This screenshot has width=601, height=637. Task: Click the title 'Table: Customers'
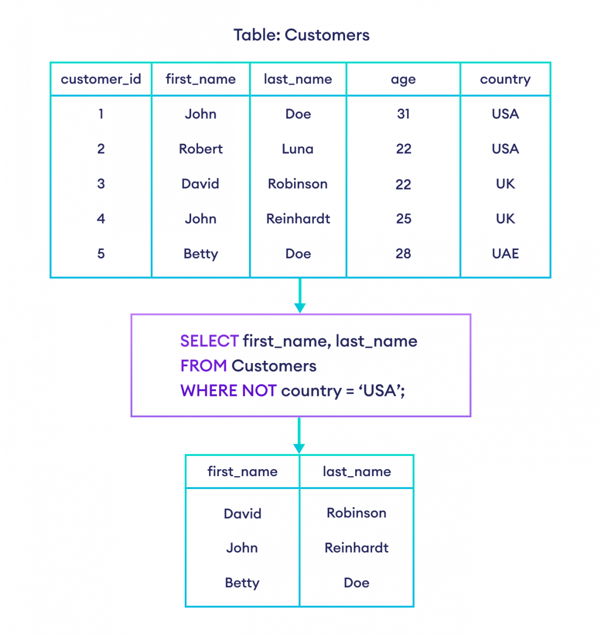[x=301, y=36]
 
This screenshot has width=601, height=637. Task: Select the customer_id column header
[x=101, y=80]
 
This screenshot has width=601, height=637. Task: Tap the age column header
[x=403, y=80]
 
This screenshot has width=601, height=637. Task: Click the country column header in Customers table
[x=505, y=80]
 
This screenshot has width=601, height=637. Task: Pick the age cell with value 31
[x=403, y=114]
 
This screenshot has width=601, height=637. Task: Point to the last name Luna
[x=298, y=149]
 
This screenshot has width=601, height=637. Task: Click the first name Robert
[x=201, y=149]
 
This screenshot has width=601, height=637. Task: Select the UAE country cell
[x=505, y=254]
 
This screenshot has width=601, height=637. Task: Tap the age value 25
[x=403, y=219]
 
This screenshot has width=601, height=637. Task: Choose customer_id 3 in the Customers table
[x=101, y=184]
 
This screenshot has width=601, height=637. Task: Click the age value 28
[x=403, y=254]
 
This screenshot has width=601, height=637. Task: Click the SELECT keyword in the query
[x=209, y=341]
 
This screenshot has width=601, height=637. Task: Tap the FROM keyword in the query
[x=203, y=366]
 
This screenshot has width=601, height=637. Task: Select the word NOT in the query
[x=259, y=391]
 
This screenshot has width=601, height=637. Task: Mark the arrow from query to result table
[x=299, y=436]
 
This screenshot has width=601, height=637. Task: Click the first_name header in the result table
[x=242, y=472]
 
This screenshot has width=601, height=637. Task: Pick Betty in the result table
[x=242, y=583]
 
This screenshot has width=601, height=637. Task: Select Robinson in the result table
[x=356, y=513]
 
